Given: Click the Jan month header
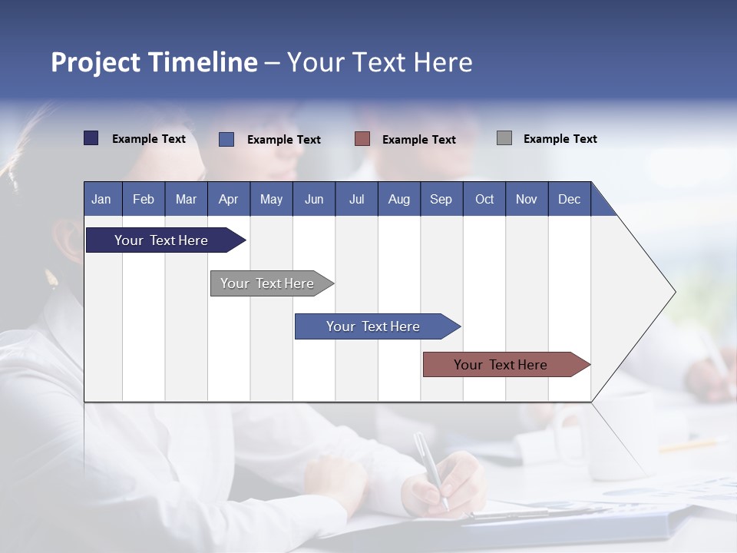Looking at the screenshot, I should click(x=101, y=199).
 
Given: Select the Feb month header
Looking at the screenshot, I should click(x=144, y=199).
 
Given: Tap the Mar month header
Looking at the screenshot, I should click(x=186, y=199).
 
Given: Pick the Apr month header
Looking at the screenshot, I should click(x=228, y=199).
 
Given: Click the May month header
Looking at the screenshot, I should click(x=271, y=199).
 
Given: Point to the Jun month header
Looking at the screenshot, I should click(x=314, y=199).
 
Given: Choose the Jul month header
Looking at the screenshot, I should click(x=356, y=199).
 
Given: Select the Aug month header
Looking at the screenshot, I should click(x=398, y=199).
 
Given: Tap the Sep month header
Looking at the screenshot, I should click(x=441, y=199).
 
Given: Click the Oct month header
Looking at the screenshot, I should click(x=484, y=199).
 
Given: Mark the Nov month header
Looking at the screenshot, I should click(x=527, y=199).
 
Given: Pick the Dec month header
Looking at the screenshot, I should click(x=569, y=199).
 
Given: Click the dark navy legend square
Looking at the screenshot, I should click(x=91, y=138).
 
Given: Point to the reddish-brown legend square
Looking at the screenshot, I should click(x=362, y=138).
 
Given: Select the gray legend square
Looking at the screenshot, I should click(x=504, y=138).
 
